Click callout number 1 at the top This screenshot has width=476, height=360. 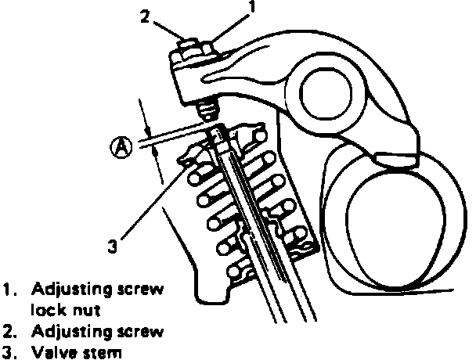[x=252, y=9]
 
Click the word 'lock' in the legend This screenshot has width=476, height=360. [x=47, y=309]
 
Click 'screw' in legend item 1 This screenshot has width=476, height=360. [x=142, y=290]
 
